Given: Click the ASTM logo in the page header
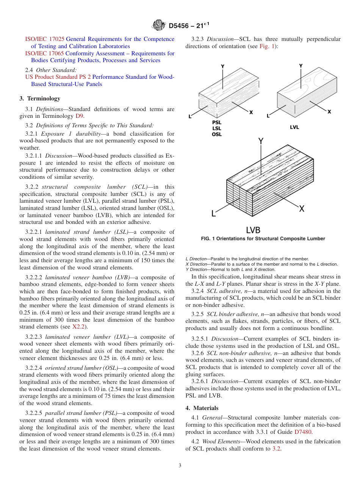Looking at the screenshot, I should pyautogui.click(x=159, y=25).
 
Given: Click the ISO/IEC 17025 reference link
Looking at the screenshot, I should pyautogui.click(x=45, y=39).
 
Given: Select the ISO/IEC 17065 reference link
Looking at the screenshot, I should pyautogui.click(x=45, y=53).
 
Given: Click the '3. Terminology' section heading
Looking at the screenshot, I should pyautogui.click(x=40, y=99).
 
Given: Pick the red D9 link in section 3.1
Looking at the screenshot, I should pyautogui.click(x=80, y=116).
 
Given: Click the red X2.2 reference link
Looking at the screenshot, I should pyautogui.click(x=79, y=327).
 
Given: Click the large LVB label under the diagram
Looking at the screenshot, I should pyautogui.click(x=253, y=230).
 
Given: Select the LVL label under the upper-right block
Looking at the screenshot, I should pyautogui.click(x=294, y=127).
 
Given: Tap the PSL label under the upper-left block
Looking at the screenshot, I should pyautogui.click(x=217, y=122).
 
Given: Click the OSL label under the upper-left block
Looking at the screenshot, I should pyautogui.click(x=217, y=134).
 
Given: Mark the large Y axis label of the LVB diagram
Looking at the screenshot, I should pyautogui.click(x=261, y=142).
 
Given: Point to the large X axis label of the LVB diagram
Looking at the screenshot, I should pyautogui.click(x=302, y=208).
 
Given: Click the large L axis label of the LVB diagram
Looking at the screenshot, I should pyautogui.click(x=214, y=213).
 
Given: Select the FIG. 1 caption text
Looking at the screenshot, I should pyautogui.click(x=263, y=239).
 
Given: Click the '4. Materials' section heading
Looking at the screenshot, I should pyautogui.click(x=202, y=408).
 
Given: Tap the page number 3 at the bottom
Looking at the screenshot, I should pyautogui.click(x=180, y=466).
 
